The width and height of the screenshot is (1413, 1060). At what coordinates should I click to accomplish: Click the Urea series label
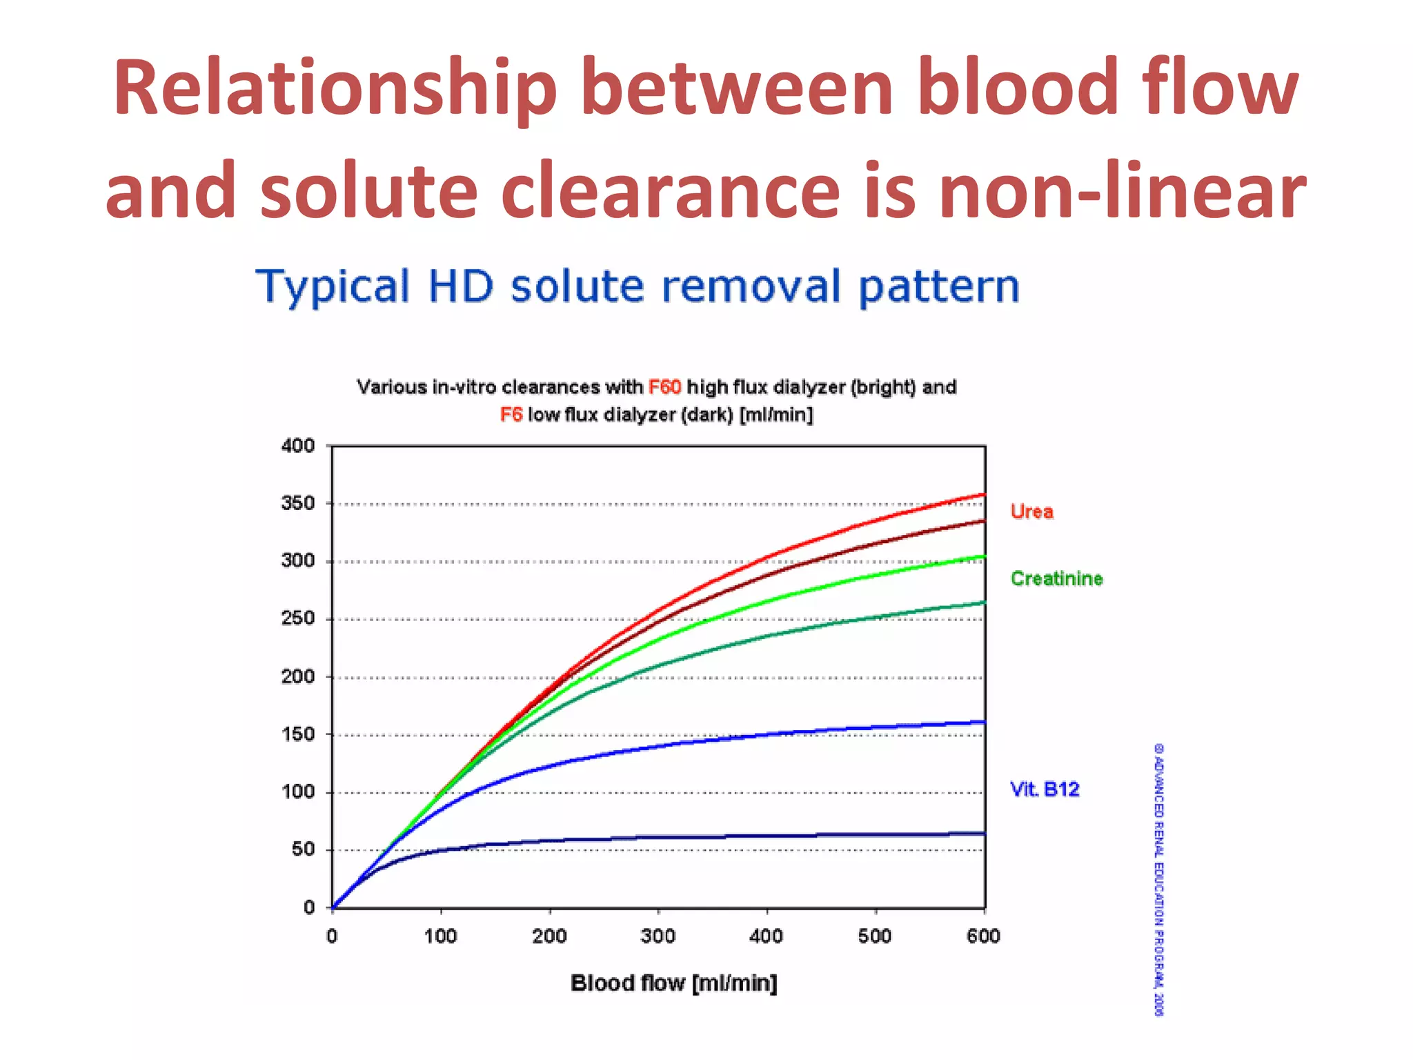pyautogui.click(x=1031, y=512)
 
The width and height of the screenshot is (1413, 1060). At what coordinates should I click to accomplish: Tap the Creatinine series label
pyautogui.click(x=1056, y=578)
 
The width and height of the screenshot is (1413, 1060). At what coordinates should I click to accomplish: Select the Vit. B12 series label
pyautogui.click(x=1044, y=789)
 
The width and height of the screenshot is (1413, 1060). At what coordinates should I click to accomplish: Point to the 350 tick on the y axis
pyautogui.click(x=298, y=503)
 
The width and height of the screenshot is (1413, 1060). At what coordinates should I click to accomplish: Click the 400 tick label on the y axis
pyautogui.click(x=298, y=446)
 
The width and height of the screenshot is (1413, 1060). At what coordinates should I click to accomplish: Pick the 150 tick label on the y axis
pyautogui.click(x=298, y=734)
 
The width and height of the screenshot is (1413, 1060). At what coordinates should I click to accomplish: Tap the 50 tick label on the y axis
pyautogui.click(x=303, y=850)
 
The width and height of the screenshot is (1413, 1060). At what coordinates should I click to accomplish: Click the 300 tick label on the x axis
pyautogui.click(x=658, y=936)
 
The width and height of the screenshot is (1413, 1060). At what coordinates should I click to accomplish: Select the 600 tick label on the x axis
pyautogui.click(x=983, y=936)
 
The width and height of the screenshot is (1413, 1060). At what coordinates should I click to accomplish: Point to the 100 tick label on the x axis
pyautogui.click(x=440, y=936)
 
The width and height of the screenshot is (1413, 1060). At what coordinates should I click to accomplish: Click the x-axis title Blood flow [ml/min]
pyautogui.click(x=673, y=983)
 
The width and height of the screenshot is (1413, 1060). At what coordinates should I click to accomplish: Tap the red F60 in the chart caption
pyautogui.click(x=664, y=387)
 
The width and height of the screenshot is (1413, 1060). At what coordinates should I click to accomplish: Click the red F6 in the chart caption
pyautogui.click(x=511, y=415)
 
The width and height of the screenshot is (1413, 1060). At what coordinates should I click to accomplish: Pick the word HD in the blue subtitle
pyautogui.click(x=460, y=286)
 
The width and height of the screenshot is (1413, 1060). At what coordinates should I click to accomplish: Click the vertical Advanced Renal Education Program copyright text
pyautogui.click(x=1159, y=879)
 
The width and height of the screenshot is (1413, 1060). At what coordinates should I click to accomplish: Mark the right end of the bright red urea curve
pyautogui.click(x=984, y=495)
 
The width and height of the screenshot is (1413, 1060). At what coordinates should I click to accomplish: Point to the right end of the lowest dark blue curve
pyautogui.click(x=984, y=834)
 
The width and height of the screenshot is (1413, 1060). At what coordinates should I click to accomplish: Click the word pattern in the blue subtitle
pyautogui.click(x=939, y=286)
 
